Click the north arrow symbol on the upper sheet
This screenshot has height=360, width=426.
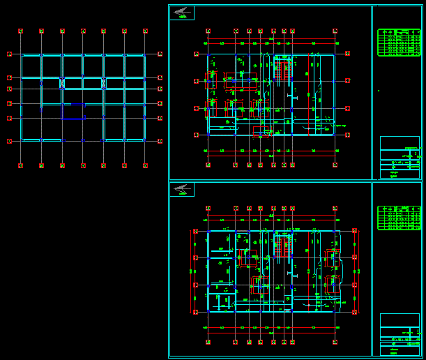coord(182,12)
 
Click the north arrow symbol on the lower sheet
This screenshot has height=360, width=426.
coord(182,189)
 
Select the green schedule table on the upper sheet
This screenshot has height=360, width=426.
coord(399,42)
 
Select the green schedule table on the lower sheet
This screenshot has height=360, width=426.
coord(399,218)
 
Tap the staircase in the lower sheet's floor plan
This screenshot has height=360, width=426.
coord(283,247)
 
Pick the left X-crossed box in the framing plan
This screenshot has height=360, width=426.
coord(62,83)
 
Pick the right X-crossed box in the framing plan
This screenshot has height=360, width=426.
coord(103,83)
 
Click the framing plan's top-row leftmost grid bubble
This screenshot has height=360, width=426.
coord(21,31)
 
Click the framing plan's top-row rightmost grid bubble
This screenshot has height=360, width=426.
coord(145,31)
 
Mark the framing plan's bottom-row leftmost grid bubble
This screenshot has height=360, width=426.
coord(21,165)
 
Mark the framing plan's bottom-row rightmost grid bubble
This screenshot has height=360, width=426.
coord(145,165)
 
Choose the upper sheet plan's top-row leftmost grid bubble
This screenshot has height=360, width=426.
coord(208,31)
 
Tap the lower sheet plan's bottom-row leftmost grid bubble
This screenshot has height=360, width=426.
coord(208,342)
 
